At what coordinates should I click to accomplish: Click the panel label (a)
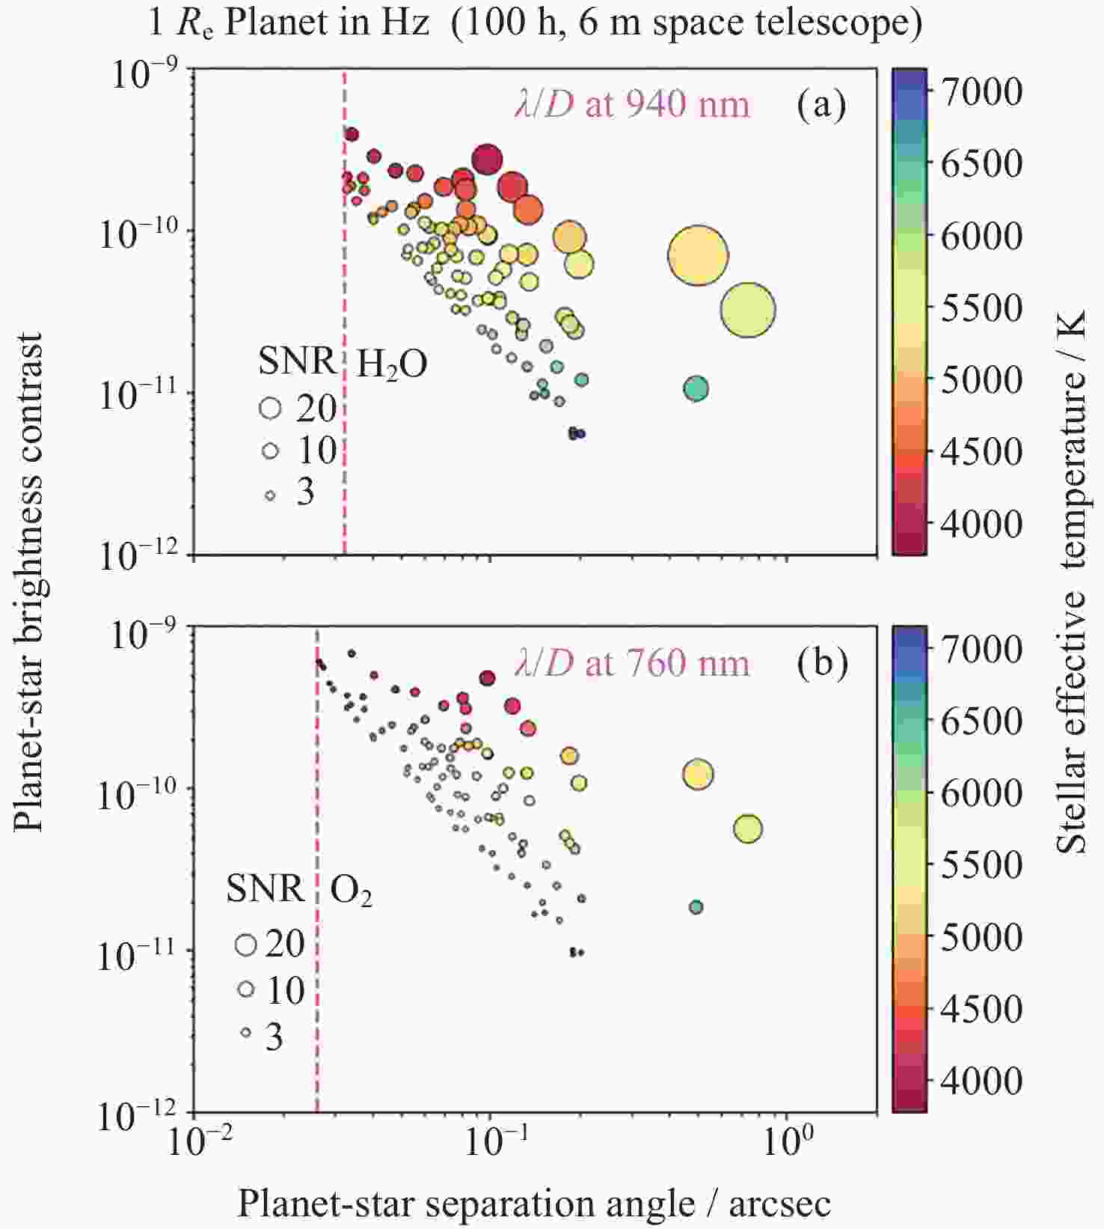[821, 105]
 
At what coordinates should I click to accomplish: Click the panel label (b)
[822, 662]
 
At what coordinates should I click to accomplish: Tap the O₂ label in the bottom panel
[352, 891]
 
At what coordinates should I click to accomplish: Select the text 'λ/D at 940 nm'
[632, 105]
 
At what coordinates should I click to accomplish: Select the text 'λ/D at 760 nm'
[632, 663]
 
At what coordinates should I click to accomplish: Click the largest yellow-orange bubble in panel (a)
[697, 256]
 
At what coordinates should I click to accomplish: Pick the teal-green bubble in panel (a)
[696, 389]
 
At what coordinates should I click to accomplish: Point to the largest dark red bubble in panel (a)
[487, 160]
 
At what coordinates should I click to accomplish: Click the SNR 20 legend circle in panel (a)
[270, 408]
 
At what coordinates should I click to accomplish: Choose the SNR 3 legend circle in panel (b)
[245, 1033]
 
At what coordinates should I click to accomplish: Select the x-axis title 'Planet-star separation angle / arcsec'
[534, 1204]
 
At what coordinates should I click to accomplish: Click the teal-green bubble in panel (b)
[696, 907]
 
